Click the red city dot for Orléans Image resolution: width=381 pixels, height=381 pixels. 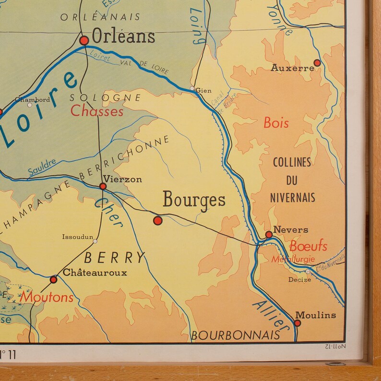point(84,41)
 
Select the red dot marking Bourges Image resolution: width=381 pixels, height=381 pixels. point(157,220)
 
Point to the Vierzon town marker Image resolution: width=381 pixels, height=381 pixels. point(103,186)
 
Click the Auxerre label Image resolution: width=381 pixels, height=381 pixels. point(292,68)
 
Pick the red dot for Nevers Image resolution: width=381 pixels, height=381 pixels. point(269,235)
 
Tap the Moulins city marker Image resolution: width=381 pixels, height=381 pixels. point(298,323)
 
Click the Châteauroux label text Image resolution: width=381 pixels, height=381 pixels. point(95,273)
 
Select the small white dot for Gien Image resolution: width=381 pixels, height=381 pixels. point(192,89)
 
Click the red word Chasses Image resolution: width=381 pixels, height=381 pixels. point(97,111)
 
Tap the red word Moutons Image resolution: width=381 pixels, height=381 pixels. point(47,297)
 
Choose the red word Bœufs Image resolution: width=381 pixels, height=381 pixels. point(308,246)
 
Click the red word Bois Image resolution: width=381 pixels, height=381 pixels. point(276,123)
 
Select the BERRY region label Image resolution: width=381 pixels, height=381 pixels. point(114,258)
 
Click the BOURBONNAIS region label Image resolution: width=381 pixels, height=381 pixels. point(235,335)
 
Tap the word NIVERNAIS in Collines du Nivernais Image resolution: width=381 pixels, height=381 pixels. point(292,197)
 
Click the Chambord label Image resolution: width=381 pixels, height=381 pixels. point(32,99)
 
